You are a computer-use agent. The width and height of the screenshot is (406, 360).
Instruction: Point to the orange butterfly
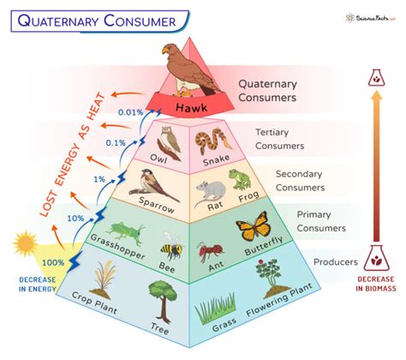pyautogui.click(x=253, y=229)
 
